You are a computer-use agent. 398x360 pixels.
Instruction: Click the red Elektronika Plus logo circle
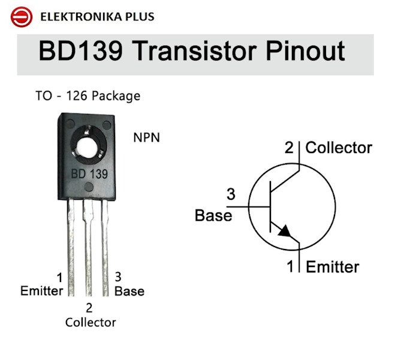click(x=22, y=17)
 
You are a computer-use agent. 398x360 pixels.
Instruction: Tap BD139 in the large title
click(x=81, y=51)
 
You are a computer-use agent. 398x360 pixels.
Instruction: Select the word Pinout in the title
click(x=306, y=51)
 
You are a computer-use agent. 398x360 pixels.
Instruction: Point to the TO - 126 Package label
click(x=88, y=96)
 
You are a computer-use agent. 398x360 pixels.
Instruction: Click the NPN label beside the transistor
click(x=147, y=137)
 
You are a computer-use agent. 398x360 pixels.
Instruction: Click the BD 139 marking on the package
click(x=89, y=174)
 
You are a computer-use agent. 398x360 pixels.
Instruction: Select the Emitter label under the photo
click(x=41, y=291)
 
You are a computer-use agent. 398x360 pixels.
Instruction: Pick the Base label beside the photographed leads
click(x=129, y=291)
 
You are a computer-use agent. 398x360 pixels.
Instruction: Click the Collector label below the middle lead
click(x=91, y=322)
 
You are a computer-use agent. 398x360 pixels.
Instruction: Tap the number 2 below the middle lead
click(x=89, y=308)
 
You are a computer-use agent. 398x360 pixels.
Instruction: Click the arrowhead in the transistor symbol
click(x=285, y=230)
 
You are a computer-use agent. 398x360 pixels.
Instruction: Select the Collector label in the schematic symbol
click(x=339, y=148)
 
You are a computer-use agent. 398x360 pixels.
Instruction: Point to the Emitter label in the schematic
click(x=333, y=267)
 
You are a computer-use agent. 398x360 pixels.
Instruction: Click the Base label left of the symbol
click(x=213, y=215)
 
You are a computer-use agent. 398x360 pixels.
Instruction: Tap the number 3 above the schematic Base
click(x=231, y=194)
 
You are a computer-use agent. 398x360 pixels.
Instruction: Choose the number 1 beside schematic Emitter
click(x=290, y=266)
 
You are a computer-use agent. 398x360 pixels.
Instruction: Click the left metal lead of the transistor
click(x=71, y=247)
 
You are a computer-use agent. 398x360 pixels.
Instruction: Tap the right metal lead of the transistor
click(x=105, y=248)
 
